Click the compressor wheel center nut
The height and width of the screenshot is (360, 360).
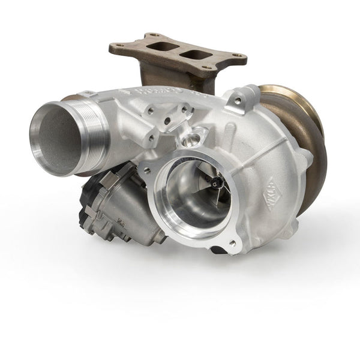click(x=215, y=179)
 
